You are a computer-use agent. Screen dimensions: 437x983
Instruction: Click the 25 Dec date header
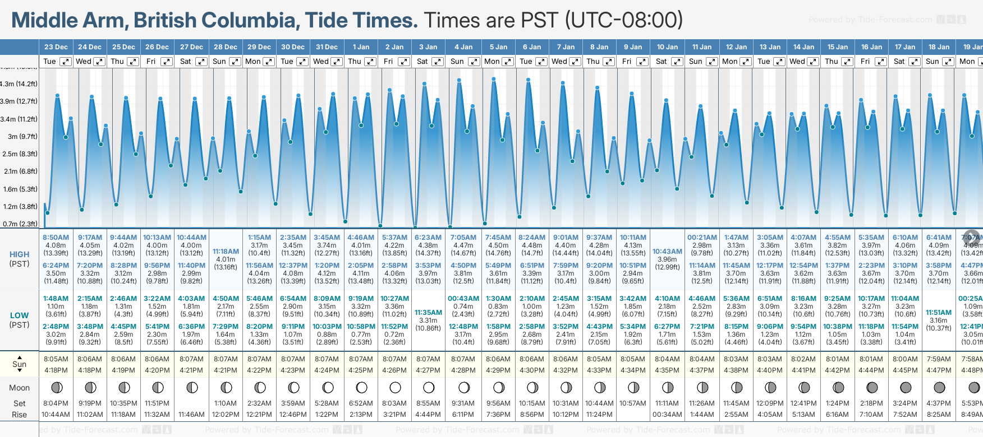point(123,47)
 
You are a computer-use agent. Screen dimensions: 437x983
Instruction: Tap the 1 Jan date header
point(361,47)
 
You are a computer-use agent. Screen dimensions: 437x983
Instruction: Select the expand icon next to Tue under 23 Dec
point(66,62)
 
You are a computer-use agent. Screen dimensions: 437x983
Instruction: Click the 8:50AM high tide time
point(56,238)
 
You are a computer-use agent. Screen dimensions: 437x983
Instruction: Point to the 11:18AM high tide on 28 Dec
point(226,252)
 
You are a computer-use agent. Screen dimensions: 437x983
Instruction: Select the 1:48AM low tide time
point(56,299)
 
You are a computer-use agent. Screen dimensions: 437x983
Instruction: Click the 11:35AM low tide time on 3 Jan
point(428,313)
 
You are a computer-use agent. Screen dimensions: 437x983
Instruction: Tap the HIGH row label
point(20,254)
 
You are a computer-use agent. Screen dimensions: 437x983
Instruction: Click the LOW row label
point(20,315)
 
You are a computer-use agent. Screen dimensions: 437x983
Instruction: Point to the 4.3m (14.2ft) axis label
point(19,84)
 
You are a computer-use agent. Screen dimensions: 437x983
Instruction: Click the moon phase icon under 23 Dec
point(56,387)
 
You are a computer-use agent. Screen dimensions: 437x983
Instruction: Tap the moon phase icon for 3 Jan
point(429,387)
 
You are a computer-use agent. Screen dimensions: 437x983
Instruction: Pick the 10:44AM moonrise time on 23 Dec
point(56,415)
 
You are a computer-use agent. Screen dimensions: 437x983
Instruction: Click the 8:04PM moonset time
point(56,403)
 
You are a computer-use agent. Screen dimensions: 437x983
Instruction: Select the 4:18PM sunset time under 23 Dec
point(56,370)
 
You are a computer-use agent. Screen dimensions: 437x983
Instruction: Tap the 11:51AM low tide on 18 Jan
point(939,313)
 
